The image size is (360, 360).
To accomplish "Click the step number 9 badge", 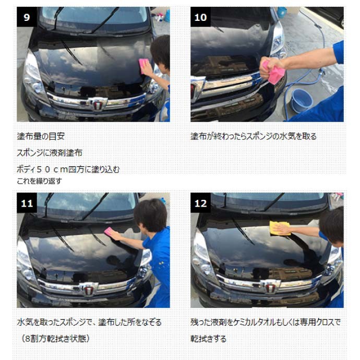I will tap(27, 17).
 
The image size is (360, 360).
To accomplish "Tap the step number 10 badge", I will tap(200, 17).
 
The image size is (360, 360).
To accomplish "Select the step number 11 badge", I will tap(27, 203).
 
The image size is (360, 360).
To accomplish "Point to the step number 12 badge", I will tap(200, 203).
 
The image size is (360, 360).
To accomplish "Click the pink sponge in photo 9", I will tap(144, 65).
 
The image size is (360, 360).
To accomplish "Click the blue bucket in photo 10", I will tap(301, 100).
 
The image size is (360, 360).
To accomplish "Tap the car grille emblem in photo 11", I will tap(89, 288).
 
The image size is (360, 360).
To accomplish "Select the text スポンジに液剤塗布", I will tap(50, 153).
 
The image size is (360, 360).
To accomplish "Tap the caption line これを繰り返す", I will tap(40, 181).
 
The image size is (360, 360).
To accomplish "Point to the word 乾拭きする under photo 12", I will tap(209, 339).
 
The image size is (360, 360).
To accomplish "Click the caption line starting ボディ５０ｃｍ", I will tap(68, 169).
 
